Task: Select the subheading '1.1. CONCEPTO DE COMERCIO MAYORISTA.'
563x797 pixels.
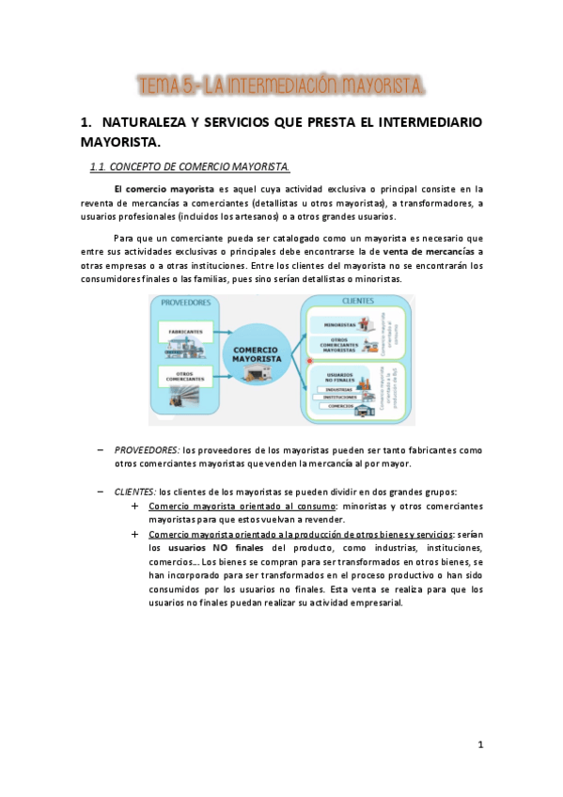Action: [189, 167]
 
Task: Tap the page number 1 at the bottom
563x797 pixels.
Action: [479, 744]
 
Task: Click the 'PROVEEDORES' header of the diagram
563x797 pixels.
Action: [185, 303]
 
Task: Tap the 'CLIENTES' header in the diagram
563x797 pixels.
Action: [358, 302]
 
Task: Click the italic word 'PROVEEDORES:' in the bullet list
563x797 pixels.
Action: [147, 450]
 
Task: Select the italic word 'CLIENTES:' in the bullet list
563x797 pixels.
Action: [135, 492]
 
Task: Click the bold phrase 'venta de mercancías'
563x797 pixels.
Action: [431, 251]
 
